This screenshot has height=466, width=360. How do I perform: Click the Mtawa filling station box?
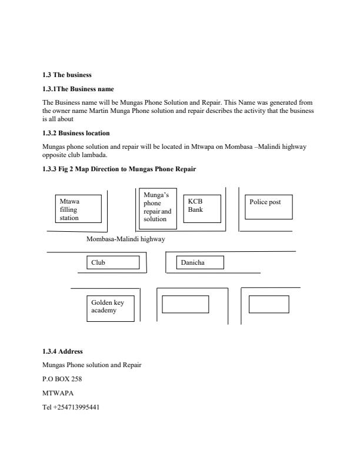pos(78,209)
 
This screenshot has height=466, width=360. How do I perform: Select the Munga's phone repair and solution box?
pos(157,208)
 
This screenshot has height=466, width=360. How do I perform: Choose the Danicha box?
pos(201,262)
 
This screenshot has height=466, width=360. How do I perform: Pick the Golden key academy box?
pos(110,308)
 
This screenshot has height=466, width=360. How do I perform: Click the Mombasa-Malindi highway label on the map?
pos(126,239)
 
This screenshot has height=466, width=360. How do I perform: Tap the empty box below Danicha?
pos(185,304)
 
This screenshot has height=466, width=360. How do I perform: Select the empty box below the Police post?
pos(268,304)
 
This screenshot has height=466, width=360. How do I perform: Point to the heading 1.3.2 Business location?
pos(76,133)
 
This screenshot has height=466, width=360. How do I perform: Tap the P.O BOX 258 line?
pos(62,379)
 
